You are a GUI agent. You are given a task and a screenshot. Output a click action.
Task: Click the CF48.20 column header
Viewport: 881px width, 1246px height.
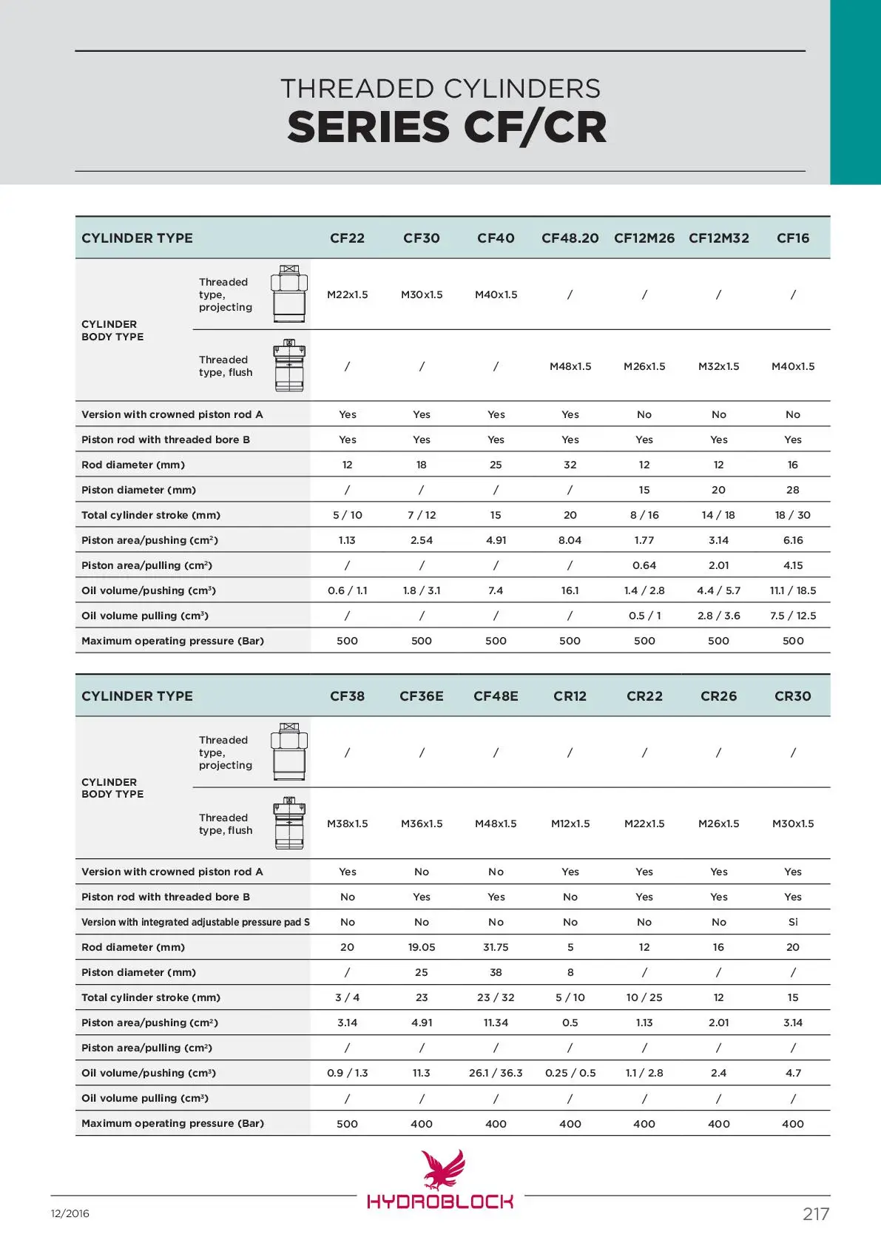[x=570, y=238]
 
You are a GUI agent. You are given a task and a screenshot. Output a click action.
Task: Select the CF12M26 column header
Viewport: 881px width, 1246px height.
[x=644, y=238]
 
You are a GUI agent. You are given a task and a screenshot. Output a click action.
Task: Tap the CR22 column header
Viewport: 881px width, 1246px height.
[x=644, y=696]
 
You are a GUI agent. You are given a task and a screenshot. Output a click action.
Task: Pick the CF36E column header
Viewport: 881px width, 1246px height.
[x=422, y=696]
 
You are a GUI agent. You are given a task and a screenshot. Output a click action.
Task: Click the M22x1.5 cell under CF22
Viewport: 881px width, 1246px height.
[x=348, y=294]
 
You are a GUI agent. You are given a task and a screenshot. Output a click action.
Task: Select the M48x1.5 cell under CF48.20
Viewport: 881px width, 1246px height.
[x=570, y=366]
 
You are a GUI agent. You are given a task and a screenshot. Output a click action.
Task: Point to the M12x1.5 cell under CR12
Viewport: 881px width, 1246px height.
[x=570, y=824]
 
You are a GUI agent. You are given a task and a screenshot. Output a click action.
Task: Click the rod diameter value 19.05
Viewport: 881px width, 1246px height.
[x=422, y=947]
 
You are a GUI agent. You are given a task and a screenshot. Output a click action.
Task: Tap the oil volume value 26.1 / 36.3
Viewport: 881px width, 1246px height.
[x=496, y=1073]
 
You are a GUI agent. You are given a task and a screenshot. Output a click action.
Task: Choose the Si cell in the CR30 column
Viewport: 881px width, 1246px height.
[x=793, y=922]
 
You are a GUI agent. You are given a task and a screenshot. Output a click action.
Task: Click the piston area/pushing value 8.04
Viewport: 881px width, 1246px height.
[x=570, y=540]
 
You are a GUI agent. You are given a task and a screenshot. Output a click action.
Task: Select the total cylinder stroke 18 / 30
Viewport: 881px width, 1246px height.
[x=793, y=515]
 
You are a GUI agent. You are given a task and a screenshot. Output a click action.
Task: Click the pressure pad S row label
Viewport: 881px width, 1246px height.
[x=195, y=922]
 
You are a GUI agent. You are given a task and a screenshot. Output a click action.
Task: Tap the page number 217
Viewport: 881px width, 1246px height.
[x=816, y=1214]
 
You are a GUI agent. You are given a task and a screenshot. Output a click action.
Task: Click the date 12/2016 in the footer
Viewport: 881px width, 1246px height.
[x=70, y=1213]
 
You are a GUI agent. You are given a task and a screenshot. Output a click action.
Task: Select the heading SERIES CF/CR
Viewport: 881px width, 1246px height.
[x=447, y=127]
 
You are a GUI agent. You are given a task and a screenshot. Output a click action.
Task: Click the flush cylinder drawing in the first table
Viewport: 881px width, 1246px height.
[x=289, y=366]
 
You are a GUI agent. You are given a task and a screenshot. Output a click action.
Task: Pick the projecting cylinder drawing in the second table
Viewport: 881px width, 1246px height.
[x=289, y=752]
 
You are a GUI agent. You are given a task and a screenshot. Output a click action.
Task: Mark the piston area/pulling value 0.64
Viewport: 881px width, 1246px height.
[x=644, y=565]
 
